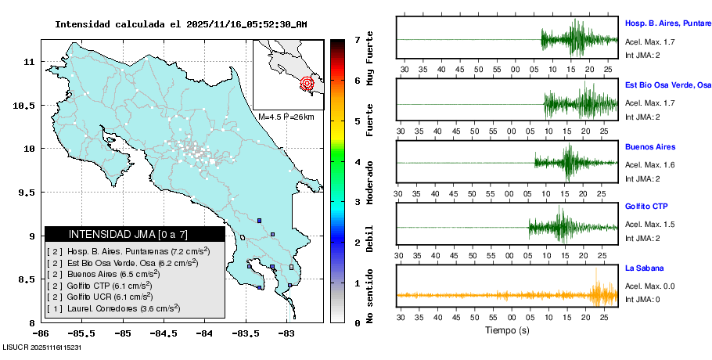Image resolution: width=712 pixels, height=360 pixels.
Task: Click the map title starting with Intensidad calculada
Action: point(180,24)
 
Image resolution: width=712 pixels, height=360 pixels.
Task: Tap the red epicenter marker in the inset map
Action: point(307,82)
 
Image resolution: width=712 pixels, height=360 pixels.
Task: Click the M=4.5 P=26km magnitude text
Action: point(286,117)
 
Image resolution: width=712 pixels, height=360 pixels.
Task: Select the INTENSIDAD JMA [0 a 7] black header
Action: point(135,234)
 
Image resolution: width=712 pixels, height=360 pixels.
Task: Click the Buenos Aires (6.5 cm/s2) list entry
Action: point(117,275)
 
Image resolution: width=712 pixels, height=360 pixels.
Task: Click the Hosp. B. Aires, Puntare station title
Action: point(667,23)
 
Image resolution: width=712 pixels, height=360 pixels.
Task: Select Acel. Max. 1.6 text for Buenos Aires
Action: point(649,165)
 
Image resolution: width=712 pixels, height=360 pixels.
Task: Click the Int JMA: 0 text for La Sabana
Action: point(642,300)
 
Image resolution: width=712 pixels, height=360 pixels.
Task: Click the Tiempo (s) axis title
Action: point(507,330)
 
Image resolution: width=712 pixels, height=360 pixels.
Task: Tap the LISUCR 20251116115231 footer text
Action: point(42,346)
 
